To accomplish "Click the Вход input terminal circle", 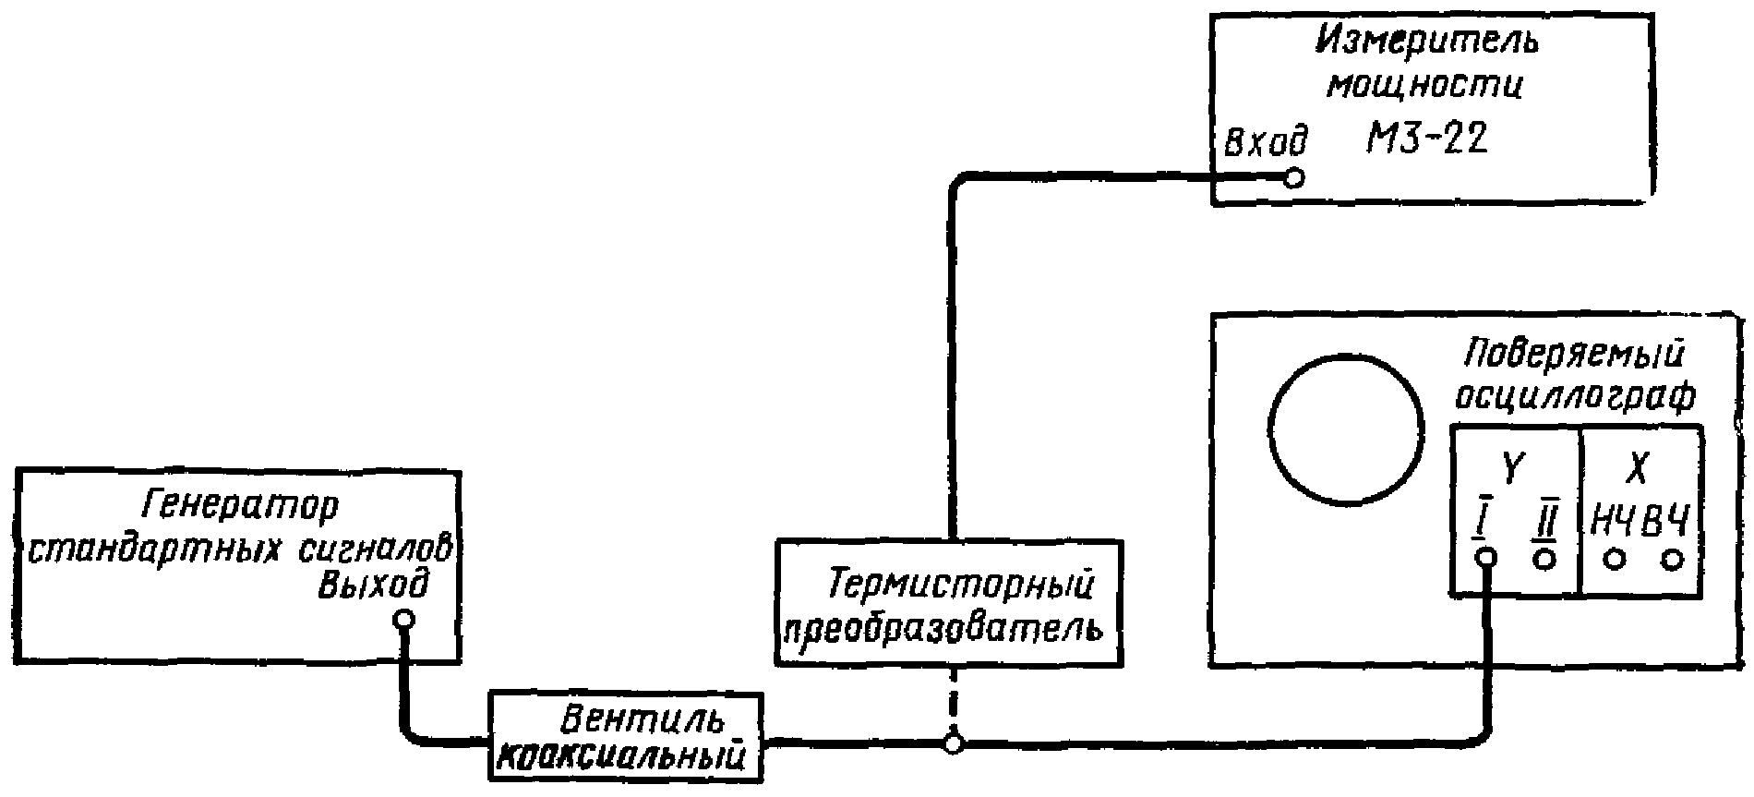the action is click(x=1294, y=177).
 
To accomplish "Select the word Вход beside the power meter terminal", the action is click(x=1266, y=143).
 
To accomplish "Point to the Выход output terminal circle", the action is click(x=402, y=620).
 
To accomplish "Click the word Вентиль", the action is click(x=630, y=719).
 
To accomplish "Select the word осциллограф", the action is click(x=1575, y=395).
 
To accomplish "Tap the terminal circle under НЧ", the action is click(x=1615, y=560).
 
